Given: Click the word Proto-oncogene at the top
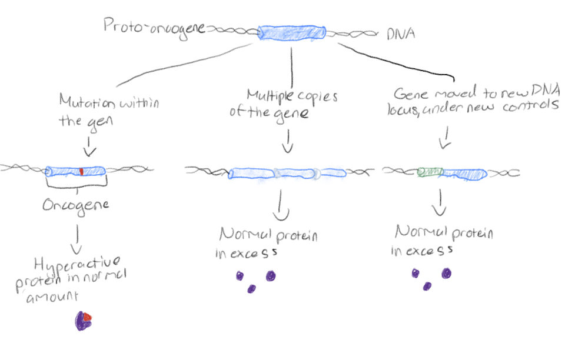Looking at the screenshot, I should click(x=154, y=27).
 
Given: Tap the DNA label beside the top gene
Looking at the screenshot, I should click(x=400, y=34).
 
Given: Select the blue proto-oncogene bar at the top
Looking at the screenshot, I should click(x=292, y=32).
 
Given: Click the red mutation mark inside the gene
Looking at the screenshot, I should click(x=81, y=172).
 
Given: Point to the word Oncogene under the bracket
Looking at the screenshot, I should click(x=76, y=206).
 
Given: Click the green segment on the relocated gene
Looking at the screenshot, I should click(x=430, y=172).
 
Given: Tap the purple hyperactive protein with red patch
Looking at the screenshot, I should click(x=83, y=320).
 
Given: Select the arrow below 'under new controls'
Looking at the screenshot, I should click(x=446, y=142).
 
